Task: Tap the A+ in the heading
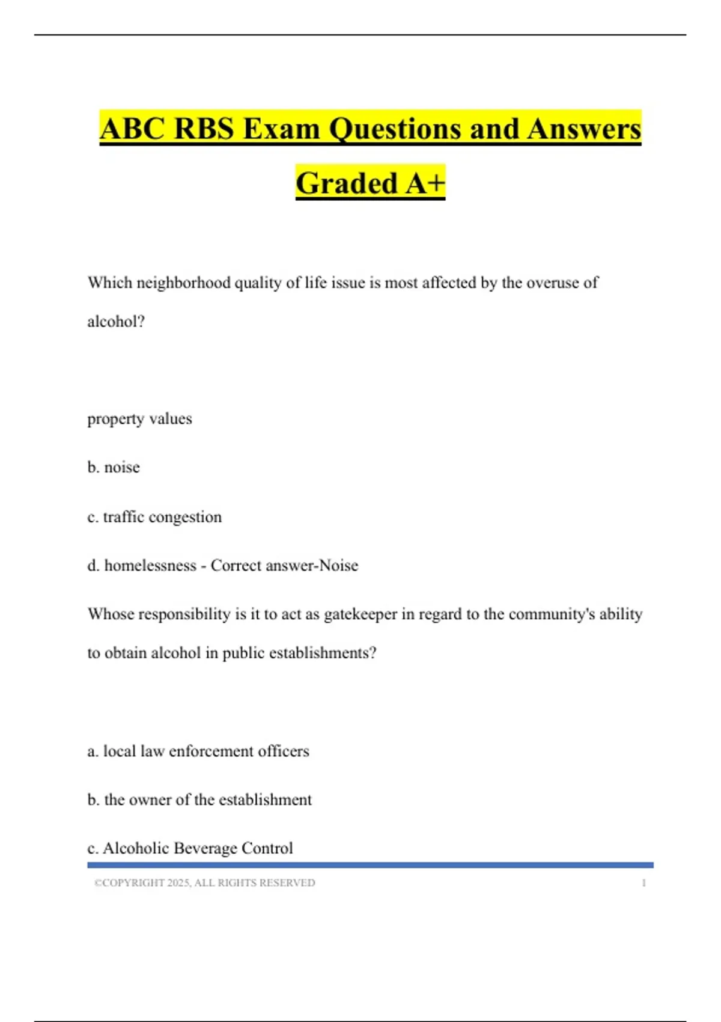(425, 183)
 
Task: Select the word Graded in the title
(347, 183)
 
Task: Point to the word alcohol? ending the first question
(116, 322)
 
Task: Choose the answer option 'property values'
(139, 418)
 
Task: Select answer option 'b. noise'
(114, 467)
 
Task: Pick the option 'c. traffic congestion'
(154, 516)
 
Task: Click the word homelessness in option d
(150, 565)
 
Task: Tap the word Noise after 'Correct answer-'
(338, 565)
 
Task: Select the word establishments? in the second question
(323, 653)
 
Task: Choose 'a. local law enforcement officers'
(198, 751)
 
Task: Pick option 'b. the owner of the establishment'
(199, 800)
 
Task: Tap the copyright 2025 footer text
(204, 883)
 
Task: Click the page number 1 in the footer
(643, 883)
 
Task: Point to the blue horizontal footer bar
(370, 865)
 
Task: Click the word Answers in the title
(584, 129)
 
